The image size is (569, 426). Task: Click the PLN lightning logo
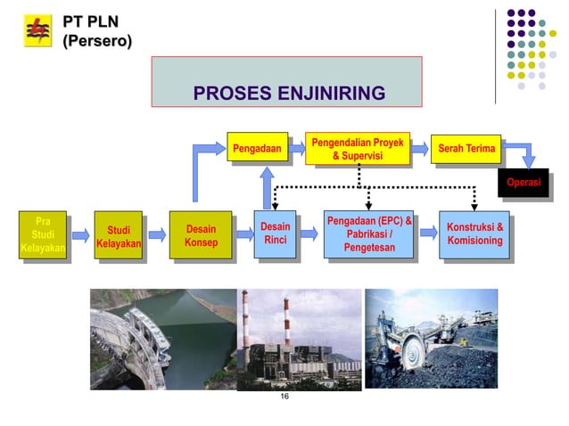coord(37,32)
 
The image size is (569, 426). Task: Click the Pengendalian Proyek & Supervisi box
coord(358,149)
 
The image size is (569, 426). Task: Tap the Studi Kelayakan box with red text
coord(119,237)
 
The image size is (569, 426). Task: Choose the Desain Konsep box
coord(200,236)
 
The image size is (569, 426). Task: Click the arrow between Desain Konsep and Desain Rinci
coord(242,235)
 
